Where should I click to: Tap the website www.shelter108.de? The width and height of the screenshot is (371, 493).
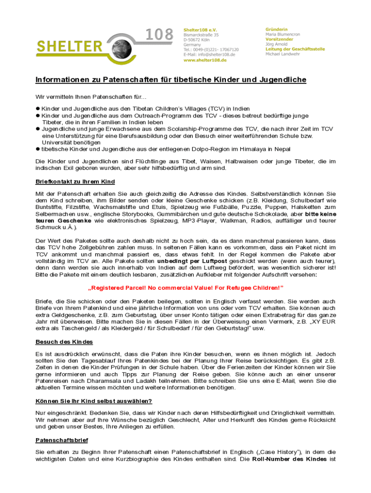205,60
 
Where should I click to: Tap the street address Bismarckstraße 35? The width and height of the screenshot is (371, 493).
201,35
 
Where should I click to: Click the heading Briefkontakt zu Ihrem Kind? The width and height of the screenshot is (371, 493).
75,182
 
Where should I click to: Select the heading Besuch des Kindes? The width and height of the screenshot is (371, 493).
64,342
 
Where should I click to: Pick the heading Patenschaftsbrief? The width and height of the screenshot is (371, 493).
62,440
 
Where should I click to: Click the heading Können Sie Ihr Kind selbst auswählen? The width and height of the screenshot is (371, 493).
94,401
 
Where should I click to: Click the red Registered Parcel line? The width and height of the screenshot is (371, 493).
185,288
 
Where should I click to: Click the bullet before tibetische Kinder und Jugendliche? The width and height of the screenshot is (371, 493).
38,149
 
